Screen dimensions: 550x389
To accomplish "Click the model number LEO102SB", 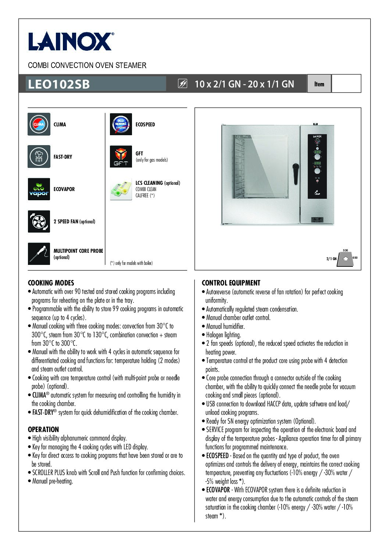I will (59, 84).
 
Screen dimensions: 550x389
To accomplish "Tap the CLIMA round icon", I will (39, 124).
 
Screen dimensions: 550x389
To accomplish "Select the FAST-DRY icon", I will (39, 157).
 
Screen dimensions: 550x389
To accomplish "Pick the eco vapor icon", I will (39, 189).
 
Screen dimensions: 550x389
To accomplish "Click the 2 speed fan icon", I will (39, 222).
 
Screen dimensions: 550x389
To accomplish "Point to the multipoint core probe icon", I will (39, 254).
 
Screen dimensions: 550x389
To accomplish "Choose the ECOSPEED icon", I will (121, 124).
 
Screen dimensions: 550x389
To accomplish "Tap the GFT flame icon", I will (121, 157).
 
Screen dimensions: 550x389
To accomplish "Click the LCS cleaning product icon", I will (121, 189).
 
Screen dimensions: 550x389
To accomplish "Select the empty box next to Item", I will (346, 84).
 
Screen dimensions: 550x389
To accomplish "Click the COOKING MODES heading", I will (51, 283).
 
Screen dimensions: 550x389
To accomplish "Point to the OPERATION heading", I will (43, 429).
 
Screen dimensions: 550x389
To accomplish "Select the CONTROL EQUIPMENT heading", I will (231, 283).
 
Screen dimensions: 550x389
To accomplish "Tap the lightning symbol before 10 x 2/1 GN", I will (182, 84).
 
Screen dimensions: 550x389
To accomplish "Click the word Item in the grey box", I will (319, 84).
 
